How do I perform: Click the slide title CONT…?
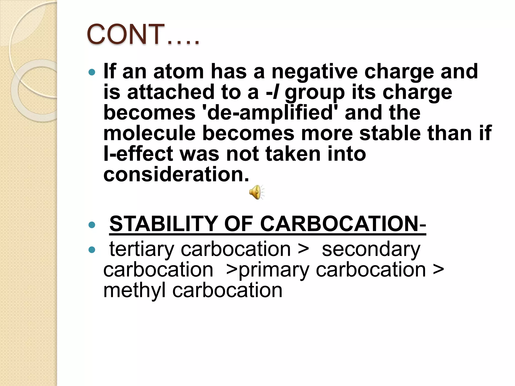[143, 34]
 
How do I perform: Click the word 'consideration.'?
[176, 174]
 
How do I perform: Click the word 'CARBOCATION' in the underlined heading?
[339, 224]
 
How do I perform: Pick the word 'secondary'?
[371, 249]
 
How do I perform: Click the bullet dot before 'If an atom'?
[92, 73]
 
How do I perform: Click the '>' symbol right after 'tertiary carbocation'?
[303, 250]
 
